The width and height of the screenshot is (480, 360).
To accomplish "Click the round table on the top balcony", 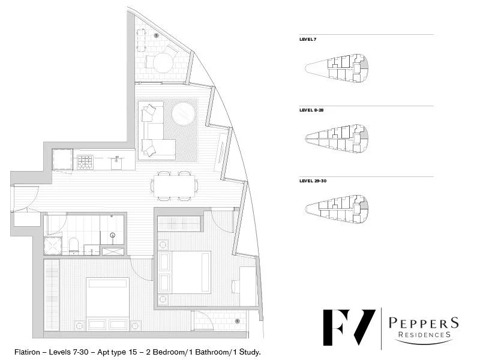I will tap(162, 62).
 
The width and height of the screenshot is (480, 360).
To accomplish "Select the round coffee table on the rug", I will tap(184, 113).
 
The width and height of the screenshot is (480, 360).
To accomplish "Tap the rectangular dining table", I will tap(176, 185).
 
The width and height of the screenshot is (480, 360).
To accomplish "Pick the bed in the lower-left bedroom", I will tap(108, 303).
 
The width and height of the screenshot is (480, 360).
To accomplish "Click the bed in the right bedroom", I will tap(184, 271).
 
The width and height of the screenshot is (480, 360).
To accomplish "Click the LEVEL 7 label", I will tap(308, 39).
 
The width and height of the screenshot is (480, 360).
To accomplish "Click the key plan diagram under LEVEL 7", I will tap(337, 67).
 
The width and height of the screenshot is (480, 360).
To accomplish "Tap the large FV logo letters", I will tap(349, 327).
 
